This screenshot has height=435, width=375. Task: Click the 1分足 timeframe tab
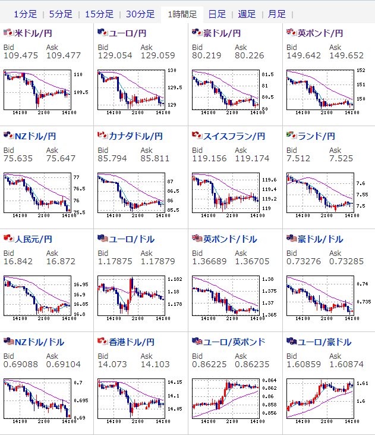click(25, 14)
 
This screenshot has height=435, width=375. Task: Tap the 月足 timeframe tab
click(276, 14)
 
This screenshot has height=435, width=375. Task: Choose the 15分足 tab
click(99, 14)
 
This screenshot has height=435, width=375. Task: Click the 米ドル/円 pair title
click(34, 33)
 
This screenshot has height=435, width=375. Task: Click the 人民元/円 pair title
click(33, 239)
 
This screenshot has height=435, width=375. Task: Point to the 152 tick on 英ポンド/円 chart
click(360, 70)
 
